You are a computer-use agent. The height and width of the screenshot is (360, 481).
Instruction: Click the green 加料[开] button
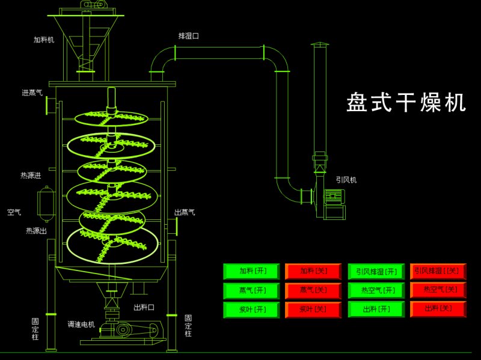[x=252, y=271]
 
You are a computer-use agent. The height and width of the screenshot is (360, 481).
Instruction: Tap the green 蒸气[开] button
[x=252, y=290]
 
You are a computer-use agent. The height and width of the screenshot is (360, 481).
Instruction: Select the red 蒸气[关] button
[x=313, y=290]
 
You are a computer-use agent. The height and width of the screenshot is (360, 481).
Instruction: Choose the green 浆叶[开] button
[x=252, y=310]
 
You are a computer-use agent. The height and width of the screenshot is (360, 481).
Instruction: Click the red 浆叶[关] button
[x=313, y=310]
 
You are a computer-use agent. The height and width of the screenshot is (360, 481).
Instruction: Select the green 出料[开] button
[x=376, y=310]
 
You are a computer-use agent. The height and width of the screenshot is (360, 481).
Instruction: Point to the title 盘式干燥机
[x=406, y=103]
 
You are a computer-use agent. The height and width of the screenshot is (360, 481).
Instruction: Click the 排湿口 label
[x=188, y=36]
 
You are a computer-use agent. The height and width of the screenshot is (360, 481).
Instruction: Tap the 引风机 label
[x=346, y=179]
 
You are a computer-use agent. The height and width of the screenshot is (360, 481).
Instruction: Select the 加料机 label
[x=44, y=40]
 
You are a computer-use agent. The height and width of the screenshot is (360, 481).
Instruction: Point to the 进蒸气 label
[x=32, y=93]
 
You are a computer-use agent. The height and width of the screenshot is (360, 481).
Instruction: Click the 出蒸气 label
[x=185, y=212]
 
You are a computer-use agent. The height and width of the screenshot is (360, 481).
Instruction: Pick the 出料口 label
[x=144, y=307]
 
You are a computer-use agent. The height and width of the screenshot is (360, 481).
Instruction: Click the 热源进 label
[x=31, y=175]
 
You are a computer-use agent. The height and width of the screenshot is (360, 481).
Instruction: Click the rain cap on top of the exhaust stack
[x=319, y=46]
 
